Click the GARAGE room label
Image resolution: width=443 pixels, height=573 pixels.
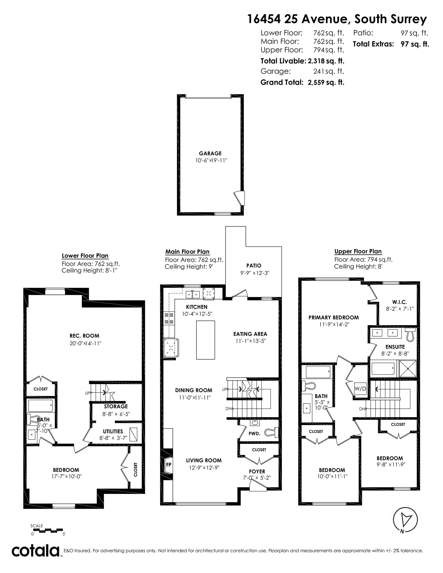[210, 153]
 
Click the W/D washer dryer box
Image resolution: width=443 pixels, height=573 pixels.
[360, 388]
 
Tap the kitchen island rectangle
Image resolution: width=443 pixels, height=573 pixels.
[206, 340]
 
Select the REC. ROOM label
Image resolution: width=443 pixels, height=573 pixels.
[84, 336]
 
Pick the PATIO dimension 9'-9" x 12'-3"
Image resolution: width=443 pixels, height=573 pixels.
[255, 273]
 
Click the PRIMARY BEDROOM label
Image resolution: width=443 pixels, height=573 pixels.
[333, 317]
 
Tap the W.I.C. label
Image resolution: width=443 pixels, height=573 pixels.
[400, 302]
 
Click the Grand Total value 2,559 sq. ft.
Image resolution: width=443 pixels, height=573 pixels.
[326, 82]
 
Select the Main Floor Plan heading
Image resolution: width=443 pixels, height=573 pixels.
[187, 252]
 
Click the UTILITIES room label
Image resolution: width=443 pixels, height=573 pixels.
[113, 431]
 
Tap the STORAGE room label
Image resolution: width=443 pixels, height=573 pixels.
[116, 406]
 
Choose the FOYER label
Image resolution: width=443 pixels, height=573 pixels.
[257, 472]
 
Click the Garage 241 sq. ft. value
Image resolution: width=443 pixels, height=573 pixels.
[329, 71]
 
